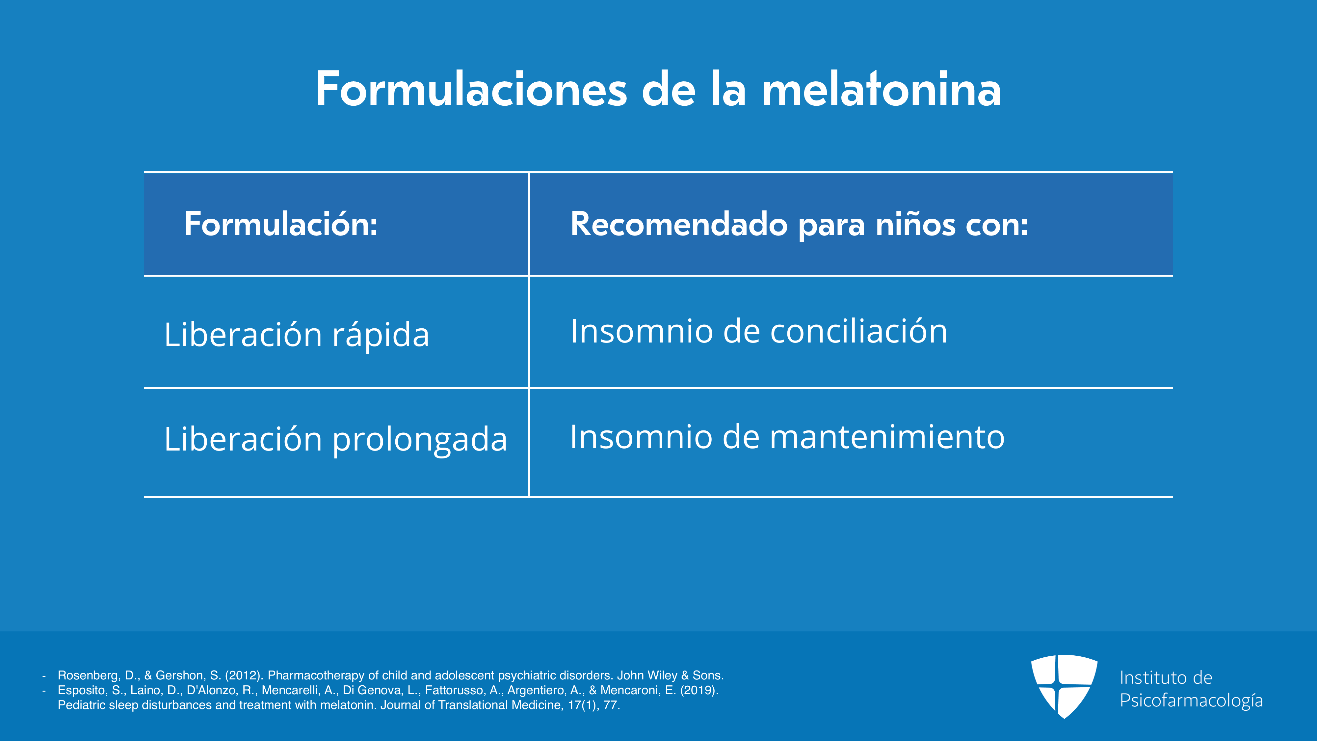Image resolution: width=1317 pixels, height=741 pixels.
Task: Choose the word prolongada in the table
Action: [420, 440]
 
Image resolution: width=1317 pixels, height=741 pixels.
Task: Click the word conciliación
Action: [858, 331]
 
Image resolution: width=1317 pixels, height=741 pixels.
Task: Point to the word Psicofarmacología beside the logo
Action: [1191, 700]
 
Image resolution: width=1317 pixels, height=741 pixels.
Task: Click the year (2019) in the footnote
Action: [699, 690]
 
